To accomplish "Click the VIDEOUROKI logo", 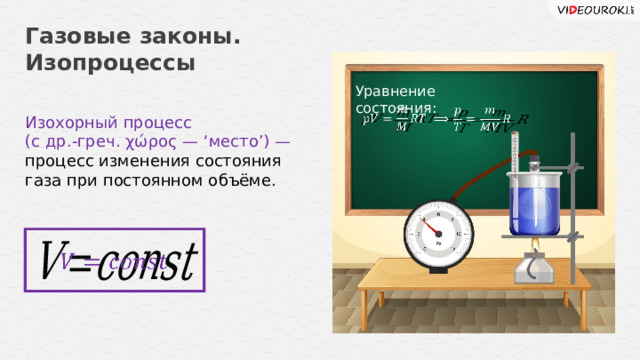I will (590, 9).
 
